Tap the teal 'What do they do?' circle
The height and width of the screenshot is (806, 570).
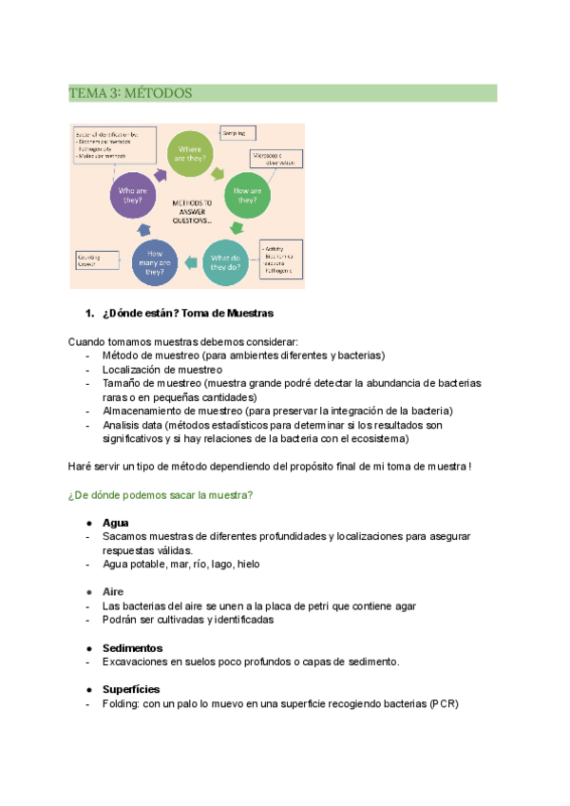[x=228, y=261]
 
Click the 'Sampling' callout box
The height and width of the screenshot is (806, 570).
[x=237, y=135]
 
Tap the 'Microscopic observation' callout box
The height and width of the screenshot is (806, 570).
[x=276, y=159]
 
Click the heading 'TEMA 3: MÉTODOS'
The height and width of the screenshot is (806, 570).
[x=131, y=93]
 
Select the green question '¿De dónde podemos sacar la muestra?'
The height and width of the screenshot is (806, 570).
[x=160, y=496]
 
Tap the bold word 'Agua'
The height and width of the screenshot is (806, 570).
[x=116, y=523]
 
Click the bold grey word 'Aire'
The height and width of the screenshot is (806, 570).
[x=113, y=591]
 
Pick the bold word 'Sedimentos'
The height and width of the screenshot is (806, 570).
[x=132, y=647]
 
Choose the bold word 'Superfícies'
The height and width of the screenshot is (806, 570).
[x=131, y=689]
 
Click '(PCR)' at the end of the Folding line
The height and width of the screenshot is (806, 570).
[x=446, y=703]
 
